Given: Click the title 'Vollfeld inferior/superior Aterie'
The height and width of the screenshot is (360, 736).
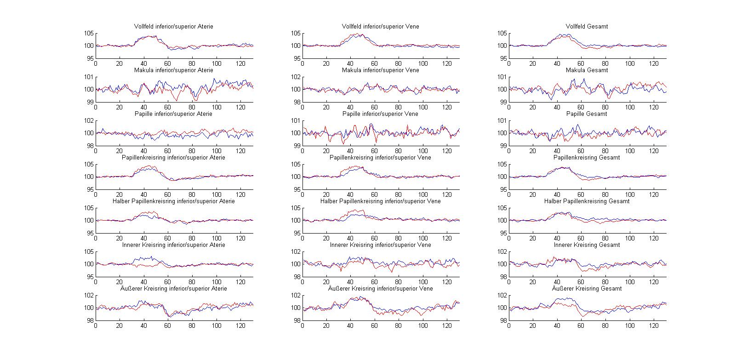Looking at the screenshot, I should pyautogui.click(x=173, y=27).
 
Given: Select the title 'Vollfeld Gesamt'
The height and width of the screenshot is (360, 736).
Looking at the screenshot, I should pyautogui.click(x=587, y=27).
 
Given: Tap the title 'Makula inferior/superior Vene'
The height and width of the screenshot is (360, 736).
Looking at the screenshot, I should pyautogui.click(x=380, y=70).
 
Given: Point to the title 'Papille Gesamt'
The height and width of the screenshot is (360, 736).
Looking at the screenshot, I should pyautogui.click(x=587, y=114).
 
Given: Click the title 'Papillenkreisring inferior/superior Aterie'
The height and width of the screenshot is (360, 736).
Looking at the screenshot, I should pyautogui.click(x=173, y=158).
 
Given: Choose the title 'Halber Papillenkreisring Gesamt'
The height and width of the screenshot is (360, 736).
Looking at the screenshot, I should pyautogui.click(x=587, y=201).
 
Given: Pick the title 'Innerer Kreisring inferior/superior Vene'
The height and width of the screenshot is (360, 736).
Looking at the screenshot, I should pyautogui.click(x=380, y=245).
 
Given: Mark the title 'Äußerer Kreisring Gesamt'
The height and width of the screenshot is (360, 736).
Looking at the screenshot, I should pyautogui.click(x=587, y=289).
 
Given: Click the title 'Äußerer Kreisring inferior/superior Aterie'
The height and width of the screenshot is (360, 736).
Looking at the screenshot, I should pyautogui.click(x=173, y=289).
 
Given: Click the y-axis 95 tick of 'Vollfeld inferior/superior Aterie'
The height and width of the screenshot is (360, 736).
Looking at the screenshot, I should pyautogui.click(x=89, y=58).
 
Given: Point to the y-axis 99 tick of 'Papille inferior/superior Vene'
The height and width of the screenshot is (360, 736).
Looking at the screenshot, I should pyautogui.click(x=297, y=146).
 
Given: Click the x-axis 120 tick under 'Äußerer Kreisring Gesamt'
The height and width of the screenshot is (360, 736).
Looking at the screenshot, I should pyautogui.click(x=654, y=326).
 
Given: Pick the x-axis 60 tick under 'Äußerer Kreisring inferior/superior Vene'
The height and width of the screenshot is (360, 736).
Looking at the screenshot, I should pyautogui.click(x=375, y=326).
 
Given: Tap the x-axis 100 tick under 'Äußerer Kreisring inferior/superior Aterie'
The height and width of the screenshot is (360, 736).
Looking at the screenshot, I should pyautogui.click(x=216, y=326).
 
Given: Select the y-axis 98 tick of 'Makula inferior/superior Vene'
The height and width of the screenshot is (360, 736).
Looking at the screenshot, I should pyautogui.click(x=297, y=102).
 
